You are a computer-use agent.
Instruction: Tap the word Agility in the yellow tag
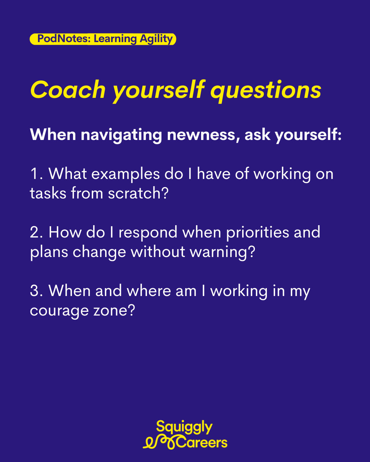156,39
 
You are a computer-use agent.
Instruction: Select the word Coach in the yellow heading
68,90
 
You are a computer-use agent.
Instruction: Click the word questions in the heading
266,91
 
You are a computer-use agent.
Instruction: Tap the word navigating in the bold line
121,136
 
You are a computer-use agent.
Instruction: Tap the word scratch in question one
138,193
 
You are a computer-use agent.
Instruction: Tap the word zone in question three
114,310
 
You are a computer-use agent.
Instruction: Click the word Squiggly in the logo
184,427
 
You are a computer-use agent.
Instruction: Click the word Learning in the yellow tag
115,39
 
